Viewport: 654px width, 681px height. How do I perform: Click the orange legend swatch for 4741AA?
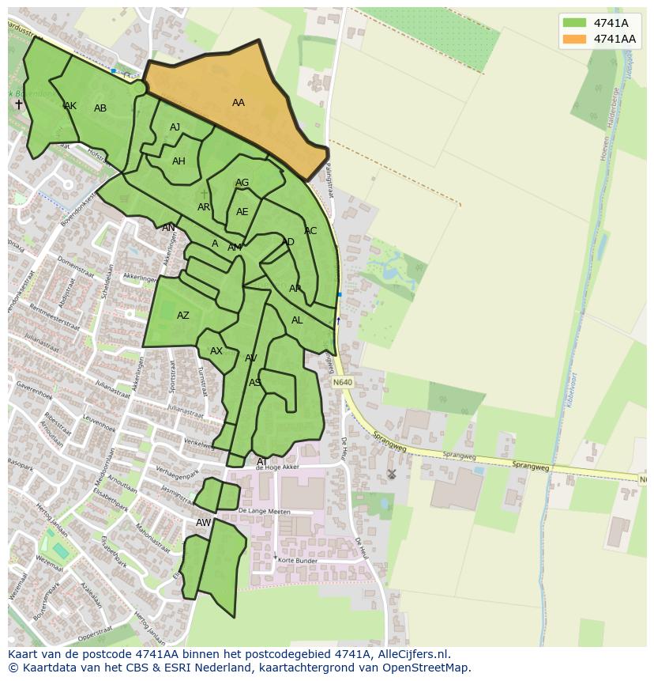tap(575, 39)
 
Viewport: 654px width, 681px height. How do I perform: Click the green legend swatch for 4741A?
tap(575, 23)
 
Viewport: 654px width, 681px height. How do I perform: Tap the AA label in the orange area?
tap(238, 103)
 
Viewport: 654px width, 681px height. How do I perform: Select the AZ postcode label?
tap(183, 316)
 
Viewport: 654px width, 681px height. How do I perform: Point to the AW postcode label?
tap(204, 523)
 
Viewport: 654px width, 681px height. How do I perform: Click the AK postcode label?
tap(70, 106)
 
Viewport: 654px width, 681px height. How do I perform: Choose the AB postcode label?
tap(100, 108)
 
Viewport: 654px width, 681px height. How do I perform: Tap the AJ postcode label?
tap(175, 127)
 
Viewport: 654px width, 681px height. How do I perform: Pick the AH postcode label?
tap(179, 161)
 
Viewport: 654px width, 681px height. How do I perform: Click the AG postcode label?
tap(242, 183)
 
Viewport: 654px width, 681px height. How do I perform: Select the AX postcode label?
tap(216, 351)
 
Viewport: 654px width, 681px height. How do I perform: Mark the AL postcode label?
tap(297, 320)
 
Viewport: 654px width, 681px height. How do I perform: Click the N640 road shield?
tap(343, 383)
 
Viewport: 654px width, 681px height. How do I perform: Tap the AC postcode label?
tap(310, 231)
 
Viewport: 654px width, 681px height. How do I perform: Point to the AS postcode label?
tap(255, 383)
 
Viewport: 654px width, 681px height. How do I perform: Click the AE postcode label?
tap(242, 212)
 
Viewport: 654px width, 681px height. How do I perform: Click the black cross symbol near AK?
tap(19, 104)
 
